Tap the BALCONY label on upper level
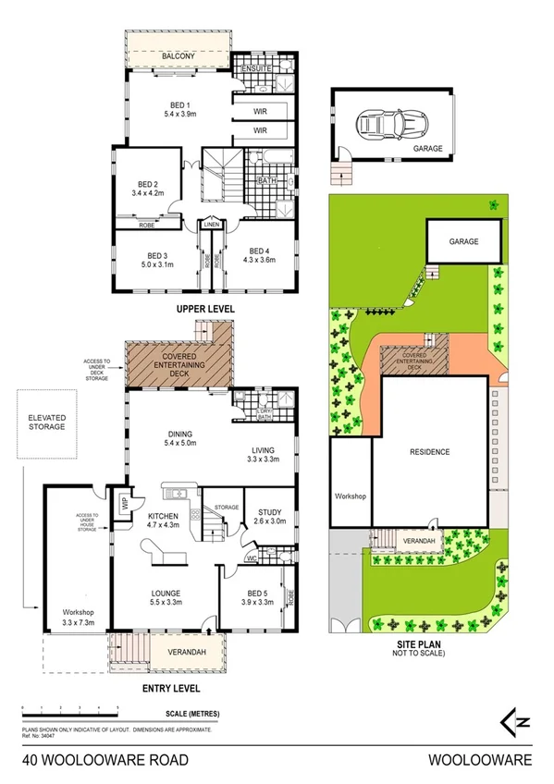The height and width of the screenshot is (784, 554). (x=179, y=57)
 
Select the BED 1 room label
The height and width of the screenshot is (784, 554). (x=174, y=104)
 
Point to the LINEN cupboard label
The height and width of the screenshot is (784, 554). (x=212, y=224)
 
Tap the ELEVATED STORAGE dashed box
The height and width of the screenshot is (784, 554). (x=47, y=422)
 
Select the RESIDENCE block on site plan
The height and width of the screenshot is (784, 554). (x=430, y=451)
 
